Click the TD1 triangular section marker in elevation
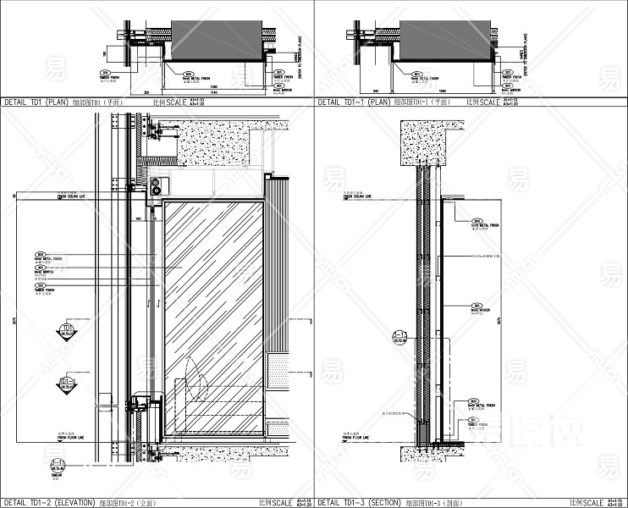coord(67,330)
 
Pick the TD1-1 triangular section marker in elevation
coord(67,385)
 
